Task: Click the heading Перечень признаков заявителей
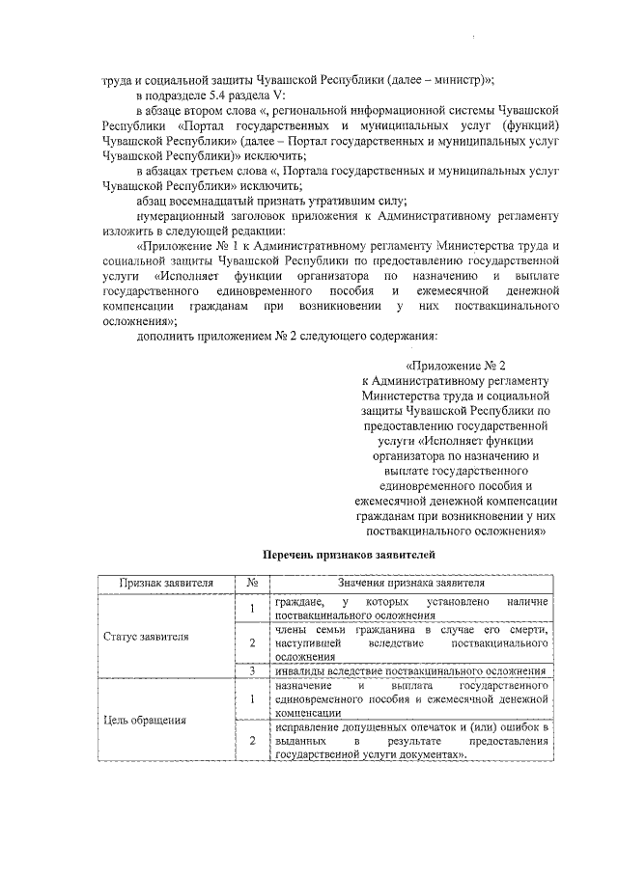tap(323, 555)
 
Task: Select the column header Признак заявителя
tap(165, 583)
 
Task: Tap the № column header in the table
tap(252, 583)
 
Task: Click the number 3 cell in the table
tap(252, 671)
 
